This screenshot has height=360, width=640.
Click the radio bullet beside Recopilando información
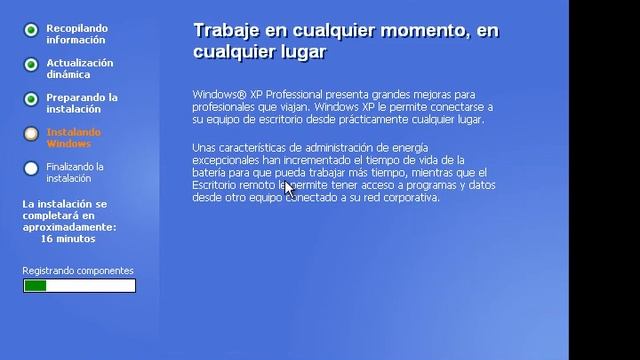pyautogui.click(x=31, y=30)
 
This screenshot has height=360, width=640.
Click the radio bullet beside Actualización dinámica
pyautogui.click(x=31, y=65)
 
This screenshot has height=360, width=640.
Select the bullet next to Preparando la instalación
pyautogui.click(x=31, y=100)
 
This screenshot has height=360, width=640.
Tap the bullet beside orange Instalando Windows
pyautogui.click(x=31, y=134)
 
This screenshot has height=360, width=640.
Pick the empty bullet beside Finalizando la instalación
pyautogui.click(x=31, y=169)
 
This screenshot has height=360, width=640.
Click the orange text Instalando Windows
pyautogui.click(x=73, y=137)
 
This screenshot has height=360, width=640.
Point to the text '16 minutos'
pyautogui.click(x=68, y=239)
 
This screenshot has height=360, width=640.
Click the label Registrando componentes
pyautogui.click(x=78, y=271)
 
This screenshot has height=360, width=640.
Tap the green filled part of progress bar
pyautogui.click(x=35, y=286)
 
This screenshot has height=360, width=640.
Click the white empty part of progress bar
pyautogui.click(x=90, y=286)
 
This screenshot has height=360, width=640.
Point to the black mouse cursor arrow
pyautogui.click(x=288, y=187)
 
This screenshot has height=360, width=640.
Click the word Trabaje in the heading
pyautogui.click(x=226, y=31)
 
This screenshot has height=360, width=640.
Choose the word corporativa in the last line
pyautogui.click(x=410, y=198)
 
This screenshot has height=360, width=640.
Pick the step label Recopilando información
pyautogui.click(x=77, y=34)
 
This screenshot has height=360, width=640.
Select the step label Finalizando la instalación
pyautogui.click(x=75, y=172)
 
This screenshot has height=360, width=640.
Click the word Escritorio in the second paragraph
pyautogui.click(x=218, y=185)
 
